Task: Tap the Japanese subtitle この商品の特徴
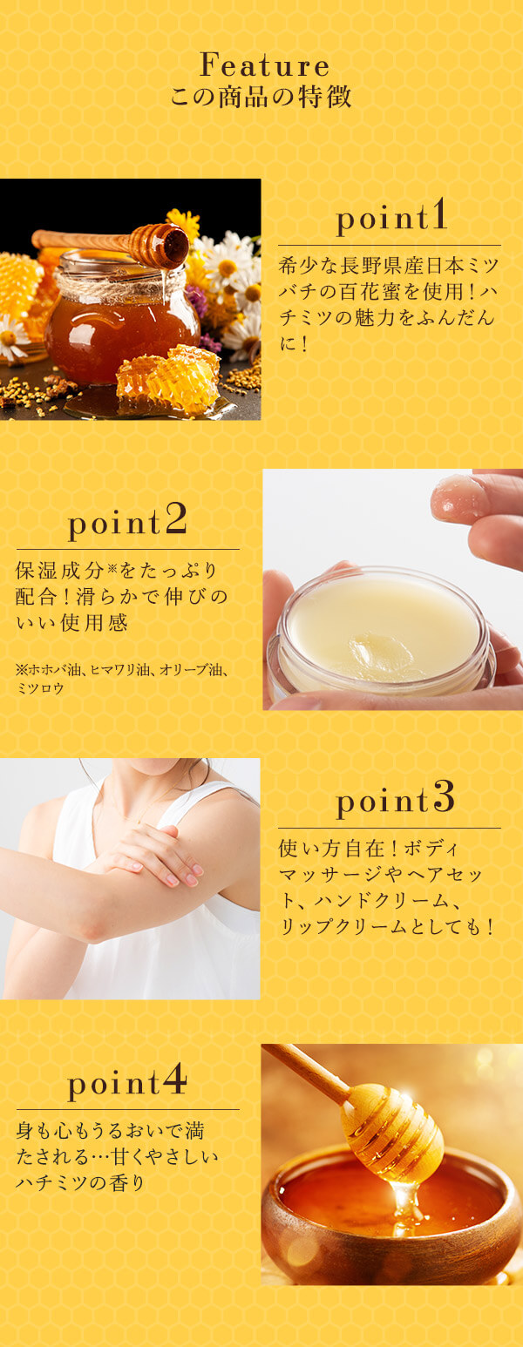coord(261,95)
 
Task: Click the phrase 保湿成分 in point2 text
coord(54,571)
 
